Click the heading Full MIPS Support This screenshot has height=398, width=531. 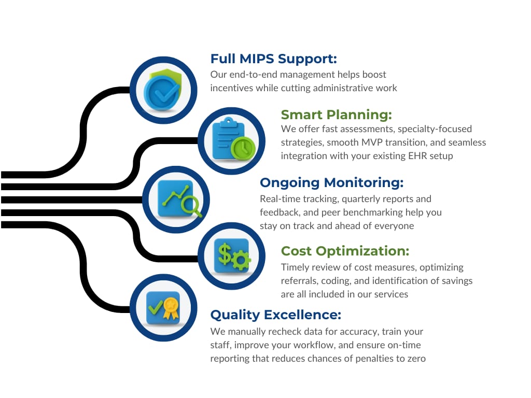274,59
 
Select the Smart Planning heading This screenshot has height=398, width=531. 336,115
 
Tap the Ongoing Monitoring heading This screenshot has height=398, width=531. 331,183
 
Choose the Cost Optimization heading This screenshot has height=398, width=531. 345,251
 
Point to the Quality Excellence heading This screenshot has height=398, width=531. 276,315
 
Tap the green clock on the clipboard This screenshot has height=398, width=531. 243,148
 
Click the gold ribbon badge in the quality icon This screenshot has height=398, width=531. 171,308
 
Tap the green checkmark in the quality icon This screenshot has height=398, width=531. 156,307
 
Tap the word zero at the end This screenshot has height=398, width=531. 416,359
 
